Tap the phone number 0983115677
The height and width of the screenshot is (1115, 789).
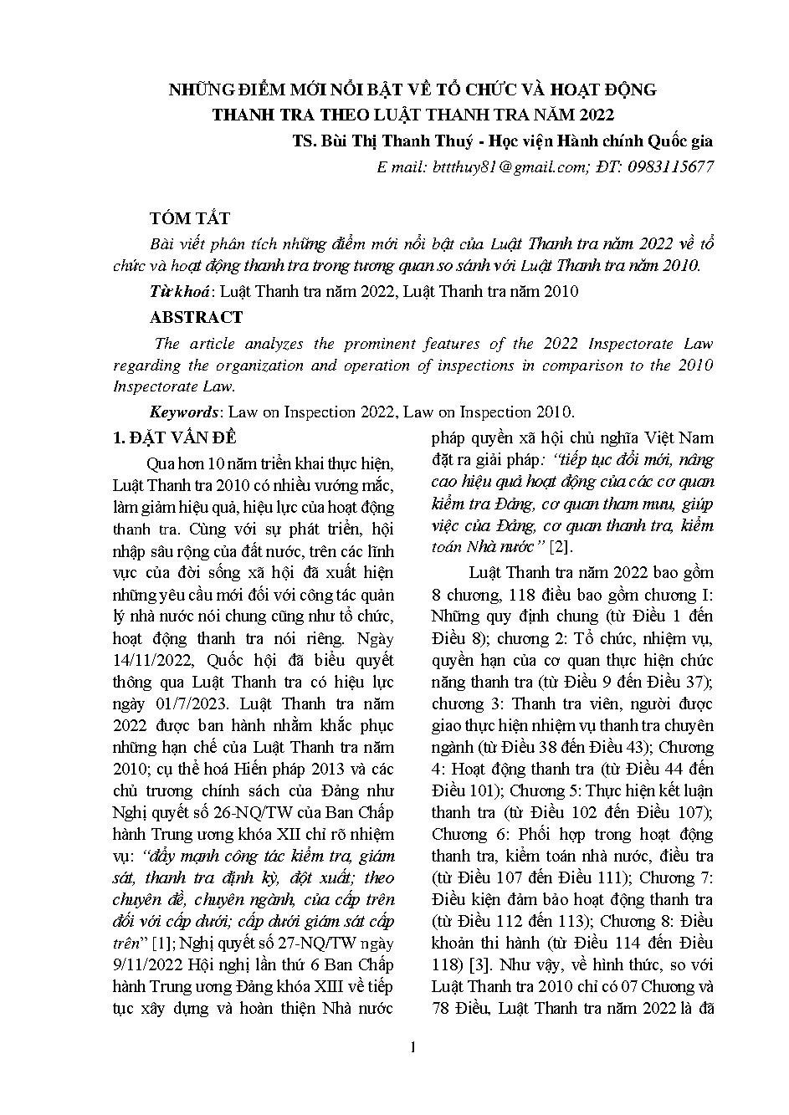coord(666,167)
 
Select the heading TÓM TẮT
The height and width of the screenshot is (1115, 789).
coord(190,218)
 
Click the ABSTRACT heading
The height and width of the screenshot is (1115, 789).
coord(197,317)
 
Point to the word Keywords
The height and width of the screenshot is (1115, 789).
coord(183,412)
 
